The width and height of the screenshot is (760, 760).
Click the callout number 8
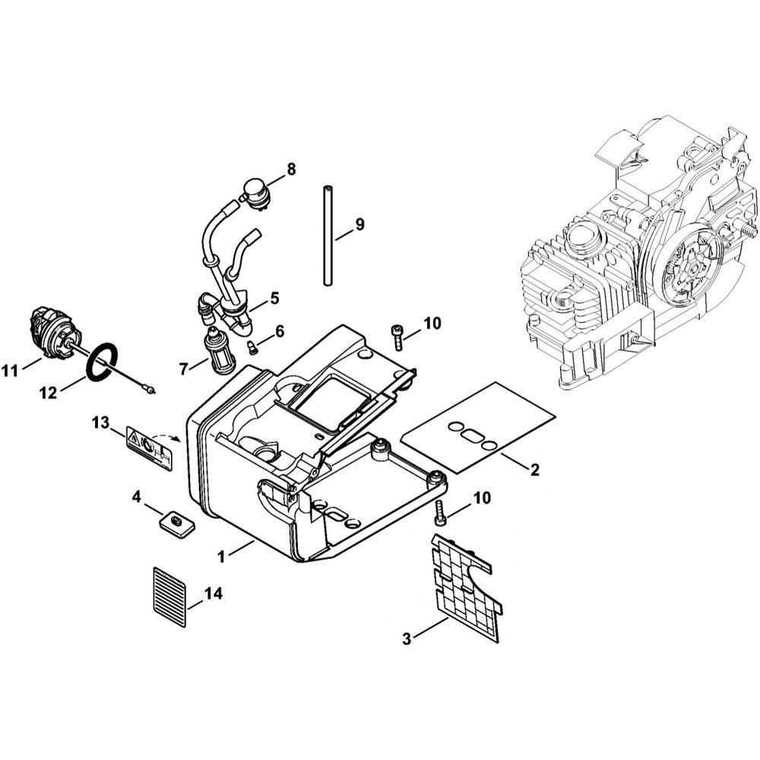pyautogui.click(x=290, y=169)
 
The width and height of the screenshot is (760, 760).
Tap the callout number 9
pyautogui.click(x=359, y=224)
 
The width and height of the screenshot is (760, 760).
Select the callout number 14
pyautogui.click(x=214, y=593)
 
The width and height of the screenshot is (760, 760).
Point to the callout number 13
pyautogui.click(x=101, y=423)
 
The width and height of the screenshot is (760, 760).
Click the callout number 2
pyautogui.click(x=534, y=469)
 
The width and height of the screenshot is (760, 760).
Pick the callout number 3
pyautogui.click(x=406, y=639)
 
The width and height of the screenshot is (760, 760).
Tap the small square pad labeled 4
pyautogui.click(x=176, y=524)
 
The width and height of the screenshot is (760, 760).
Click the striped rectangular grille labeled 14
pyautogui.click(x=169, y=597)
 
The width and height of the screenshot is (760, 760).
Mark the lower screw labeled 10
pyautogui.click(x=439, y=511)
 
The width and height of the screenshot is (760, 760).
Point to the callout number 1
pyautogui.click(x=221, y=557)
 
